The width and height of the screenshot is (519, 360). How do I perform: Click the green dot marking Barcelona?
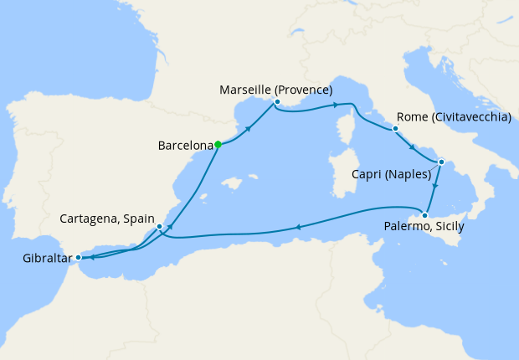[x=218, y=144]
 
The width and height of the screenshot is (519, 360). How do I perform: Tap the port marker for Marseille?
[x=275, y=103]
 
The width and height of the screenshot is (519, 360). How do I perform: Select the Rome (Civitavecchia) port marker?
[x=395, y=129]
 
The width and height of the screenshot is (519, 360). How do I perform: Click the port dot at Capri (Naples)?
[x=441, y=162]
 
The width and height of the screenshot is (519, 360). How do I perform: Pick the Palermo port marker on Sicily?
[x=424, y=214]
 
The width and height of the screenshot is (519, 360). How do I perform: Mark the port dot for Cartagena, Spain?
[x=159, y=226]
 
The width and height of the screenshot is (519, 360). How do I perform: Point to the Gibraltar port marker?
[x=78, y=257]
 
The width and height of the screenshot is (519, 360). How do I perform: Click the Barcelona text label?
[x=185, y=145]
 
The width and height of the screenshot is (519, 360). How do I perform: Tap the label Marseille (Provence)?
[x=275, y=90]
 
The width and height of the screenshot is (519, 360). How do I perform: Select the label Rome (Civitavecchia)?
[x=453, y=117]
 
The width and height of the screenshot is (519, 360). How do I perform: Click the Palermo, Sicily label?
[x=424, y=227]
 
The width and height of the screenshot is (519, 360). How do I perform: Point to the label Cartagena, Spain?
[x=107, y=219]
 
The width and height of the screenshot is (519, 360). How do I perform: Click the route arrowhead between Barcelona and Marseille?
[x=249, y=128]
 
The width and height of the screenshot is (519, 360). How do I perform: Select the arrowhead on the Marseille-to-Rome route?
[x=335, y=105]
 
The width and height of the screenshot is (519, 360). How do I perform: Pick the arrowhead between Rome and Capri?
[x=411, y=147]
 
